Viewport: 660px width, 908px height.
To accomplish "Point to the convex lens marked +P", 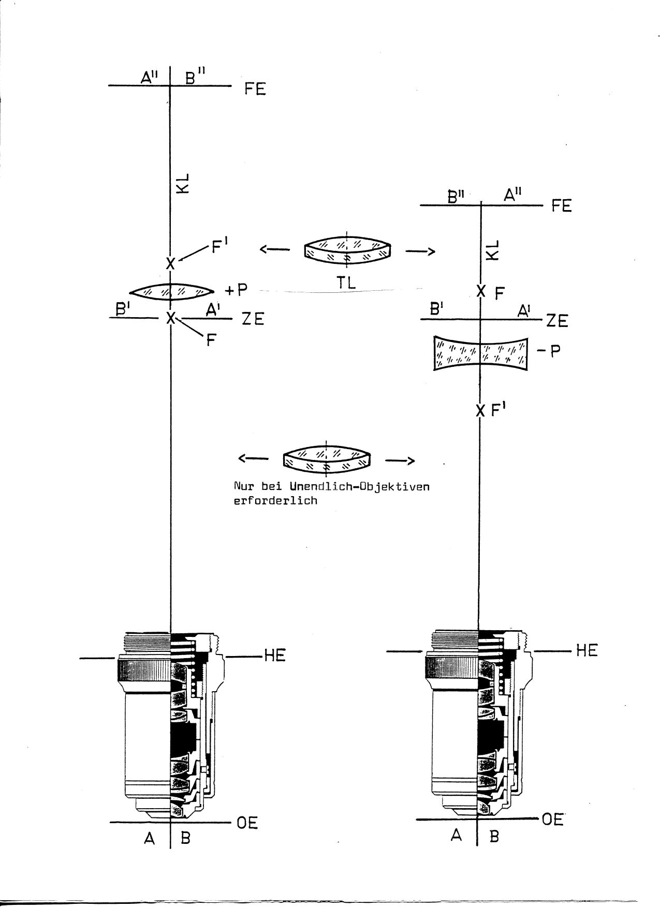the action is tap(171, 292).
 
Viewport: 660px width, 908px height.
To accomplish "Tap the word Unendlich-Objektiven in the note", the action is tap(359, 487).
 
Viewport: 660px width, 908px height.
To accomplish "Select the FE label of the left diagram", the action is tap(255, 89).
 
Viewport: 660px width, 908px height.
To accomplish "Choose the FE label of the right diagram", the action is tap(561, 206).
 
